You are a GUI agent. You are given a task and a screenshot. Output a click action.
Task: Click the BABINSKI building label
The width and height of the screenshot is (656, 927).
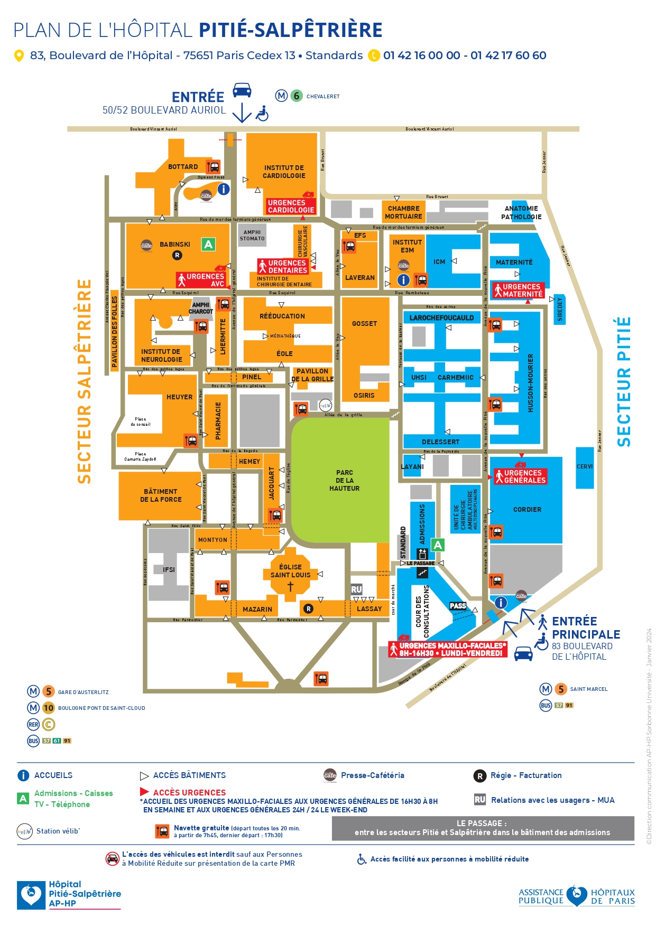175,245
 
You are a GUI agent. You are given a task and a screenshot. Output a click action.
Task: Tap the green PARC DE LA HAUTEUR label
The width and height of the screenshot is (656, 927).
345,481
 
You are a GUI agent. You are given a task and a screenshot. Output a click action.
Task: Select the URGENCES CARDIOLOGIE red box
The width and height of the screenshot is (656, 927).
291,207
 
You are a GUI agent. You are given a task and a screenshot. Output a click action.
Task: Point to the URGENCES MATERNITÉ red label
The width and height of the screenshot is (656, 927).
518,291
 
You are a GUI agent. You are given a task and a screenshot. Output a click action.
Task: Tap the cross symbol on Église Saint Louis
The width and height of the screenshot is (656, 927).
290,587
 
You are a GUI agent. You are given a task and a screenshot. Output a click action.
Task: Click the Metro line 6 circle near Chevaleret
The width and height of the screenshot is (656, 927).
297,96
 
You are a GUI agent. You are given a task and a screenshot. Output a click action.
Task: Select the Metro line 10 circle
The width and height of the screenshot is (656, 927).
49,708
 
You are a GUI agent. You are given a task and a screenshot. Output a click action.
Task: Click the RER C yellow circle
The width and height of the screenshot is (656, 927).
49,724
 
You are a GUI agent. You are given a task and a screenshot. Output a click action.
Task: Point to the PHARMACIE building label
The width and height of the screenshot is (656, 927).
218,421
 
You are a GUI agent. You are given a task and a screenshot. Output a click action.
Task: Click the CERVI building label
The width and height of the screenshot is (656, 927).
585,466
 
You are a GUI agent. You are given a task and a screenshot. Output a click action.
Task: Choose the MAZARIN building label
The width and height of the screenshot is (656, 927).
257,609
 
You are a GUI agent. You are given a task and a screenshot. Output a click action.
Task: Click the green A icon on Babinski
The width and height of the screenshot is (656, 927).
208,245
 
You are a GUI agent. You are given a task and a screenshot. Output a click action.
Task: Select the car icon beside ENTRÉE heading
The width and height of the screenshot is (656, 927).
242,90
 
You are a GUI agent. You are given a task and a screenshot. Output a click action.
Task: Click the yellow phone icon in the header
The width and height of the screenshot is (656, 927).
374,55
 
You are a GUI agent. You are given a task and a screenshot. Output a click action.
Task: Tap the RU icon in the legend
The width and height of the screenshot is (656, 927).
480,800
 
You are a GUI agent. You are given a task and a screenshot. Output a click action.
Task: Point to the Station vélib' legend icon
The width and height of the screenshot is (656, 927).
25,831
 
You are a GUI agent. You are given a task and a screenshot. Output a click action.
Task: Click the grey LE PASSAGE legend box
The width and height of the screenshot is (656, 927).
482,828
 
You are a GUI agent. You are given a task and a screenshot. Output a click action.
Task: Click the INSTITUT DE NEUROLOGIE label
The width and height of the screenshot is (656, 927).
161,355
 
